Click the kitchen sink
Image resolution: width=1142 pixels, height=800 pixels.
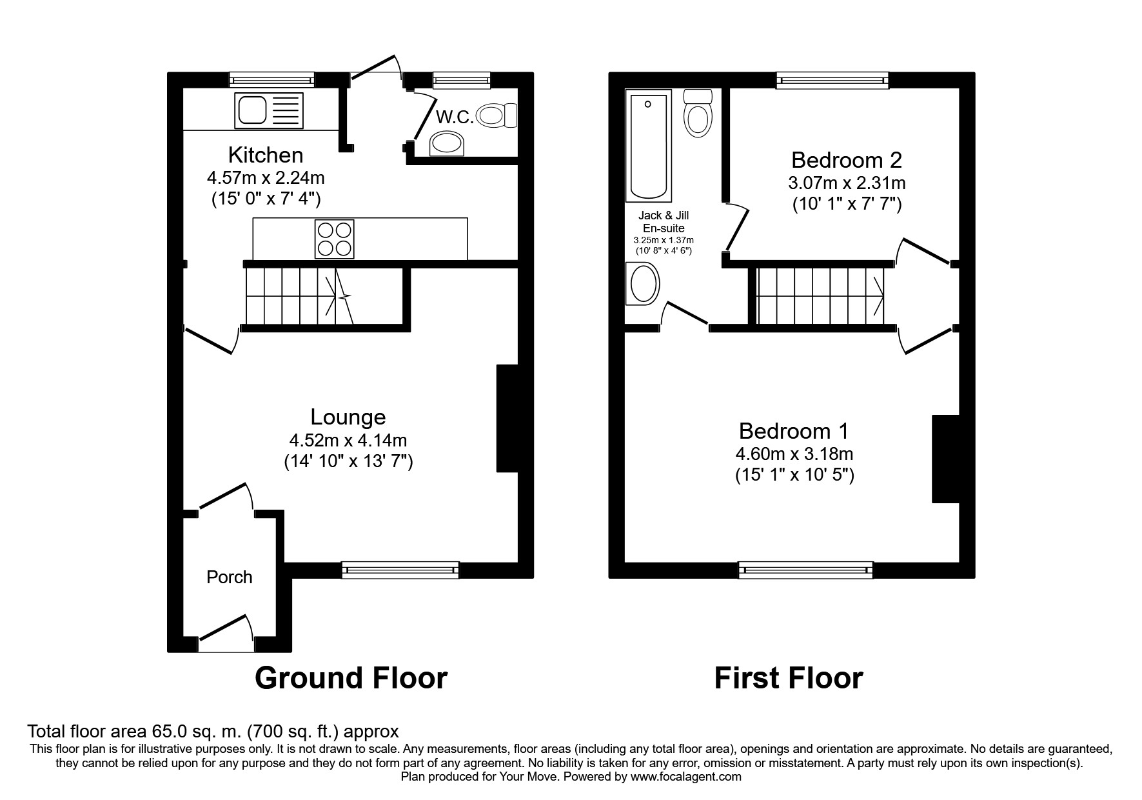[270, 110]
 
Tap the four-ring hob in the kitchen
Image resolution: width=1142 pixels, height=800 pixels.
[334, 239]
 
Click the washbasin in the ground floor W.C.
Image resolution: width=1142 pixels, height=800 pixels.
[446, 144]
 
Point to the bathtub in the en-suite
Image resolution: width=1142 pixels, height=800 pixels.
[648, 145]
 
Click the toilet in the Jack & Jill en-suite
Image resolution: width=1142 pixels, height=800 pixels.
[697, 114]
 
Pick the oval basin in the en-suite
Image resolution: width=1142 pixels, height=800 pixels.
[642, 284]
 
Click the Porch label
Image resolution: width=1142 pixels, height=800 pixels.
[229, 577]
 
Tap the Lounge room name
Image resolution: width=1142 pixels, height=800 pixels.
[348, 417]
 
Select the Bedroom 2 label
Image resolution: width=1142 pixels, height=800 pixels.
[846, 159]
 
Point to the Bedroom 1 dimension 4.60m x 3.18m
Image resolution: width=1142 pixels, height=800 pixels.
[794, 454]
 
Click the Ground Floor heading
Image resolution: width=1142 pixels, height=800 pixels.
[351, 678]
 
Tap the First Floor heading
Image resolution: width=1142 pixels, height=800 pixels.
[788, 678]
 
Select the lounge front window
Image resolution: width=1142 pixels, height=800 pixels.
[400, 568]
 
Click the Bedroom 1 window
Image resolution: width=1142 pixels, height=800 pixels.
[805, 568]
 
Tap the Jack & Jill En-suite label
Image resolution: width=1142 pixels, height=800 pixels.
[664, 222]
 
